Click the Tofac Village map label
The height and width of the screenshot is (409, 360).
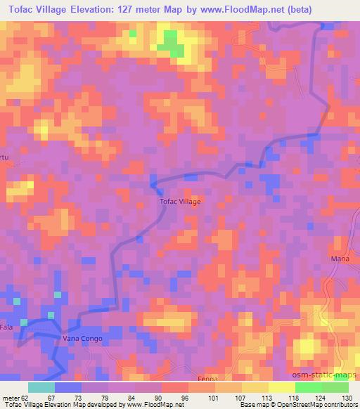181,202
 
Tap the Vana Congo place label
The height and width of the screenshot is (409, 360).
83,339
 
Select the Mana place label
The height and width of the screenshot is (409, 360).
340,259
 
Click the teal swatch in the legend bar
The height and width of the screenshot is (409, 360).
41,387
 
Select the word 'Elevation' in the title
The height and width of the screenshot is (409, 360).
89,9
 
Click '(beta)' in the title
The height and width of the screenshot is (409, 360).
294,9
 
